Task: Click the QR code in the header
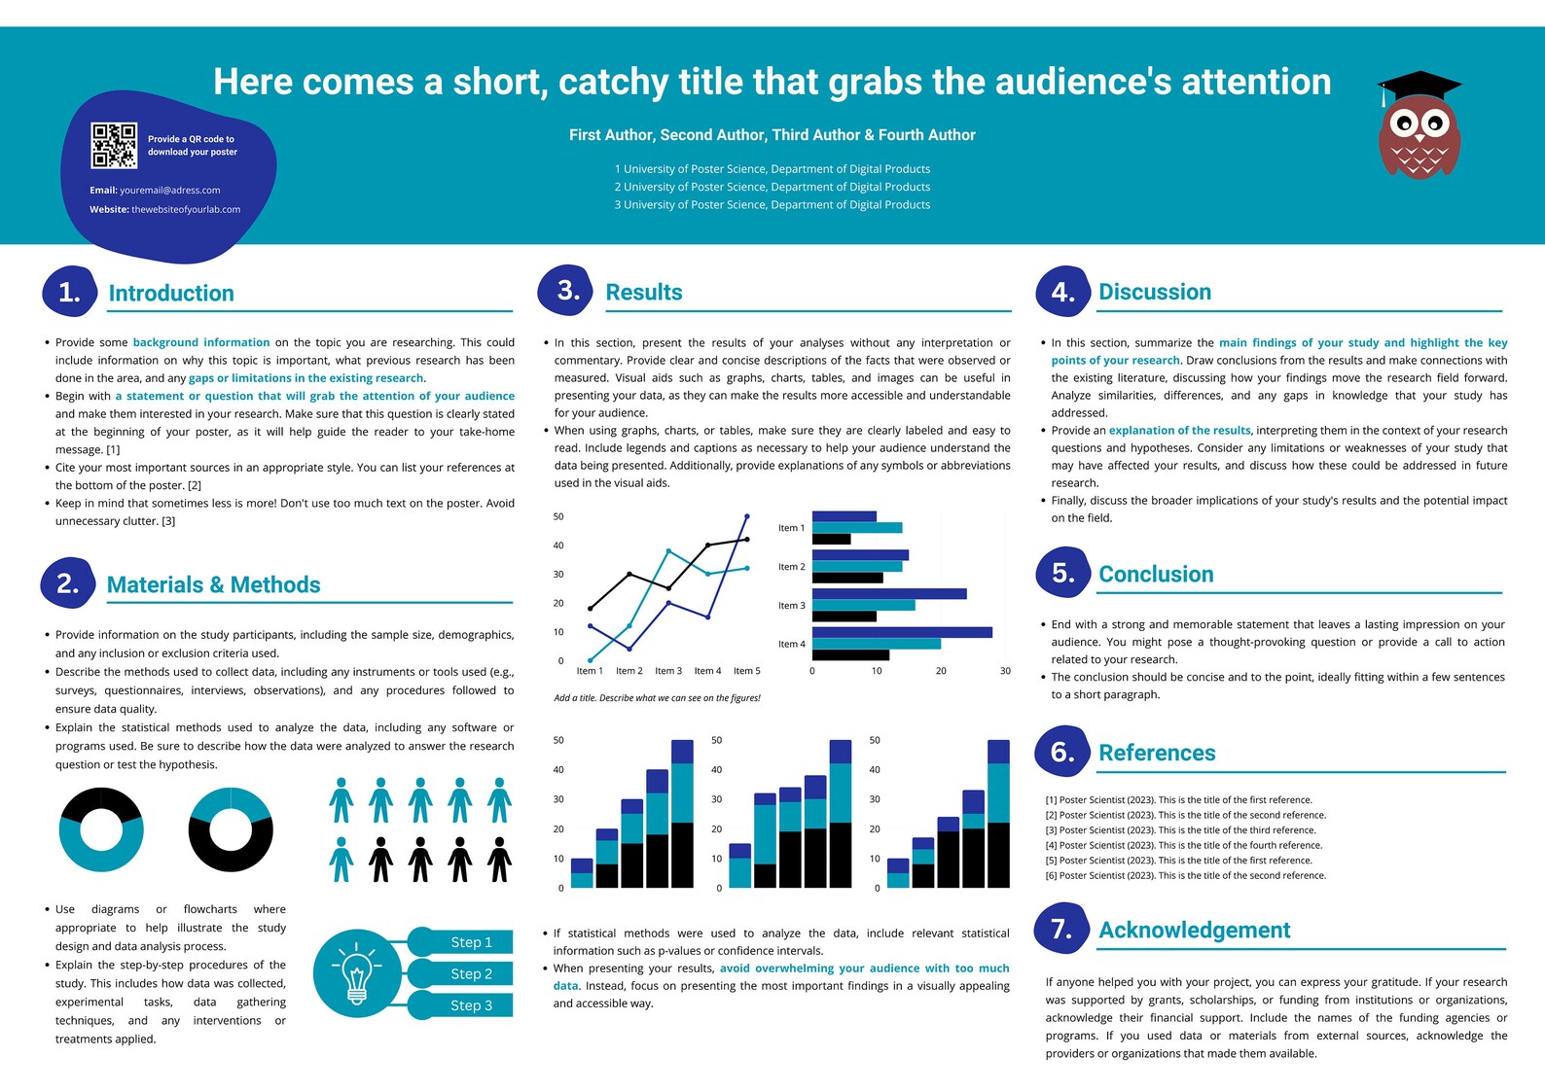(114, 146)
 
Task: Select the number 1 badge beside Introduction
(69, 292)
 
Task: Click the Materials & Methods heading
(213, 584)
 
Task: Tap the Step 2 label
(471, 973)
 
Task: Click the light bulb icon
(357, 973)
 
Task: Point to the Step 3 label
(471, 1005)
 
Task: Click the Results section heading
(643, 292)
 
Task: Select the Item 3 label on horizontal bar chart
(791, 606)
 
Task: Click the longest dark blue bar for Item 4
(902, 632)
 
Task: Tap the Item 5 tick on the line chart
(746, 671)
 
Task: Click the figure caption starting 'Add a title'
(657, 698)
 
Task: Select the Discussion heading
(1154, 292)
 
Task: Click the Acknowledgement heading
(1194, 931)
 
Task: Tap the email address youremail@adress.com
(169, 191)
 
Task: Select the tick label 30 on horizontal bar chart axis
(1005, 671)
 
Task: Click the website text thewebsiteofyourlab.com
(185, 210)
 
